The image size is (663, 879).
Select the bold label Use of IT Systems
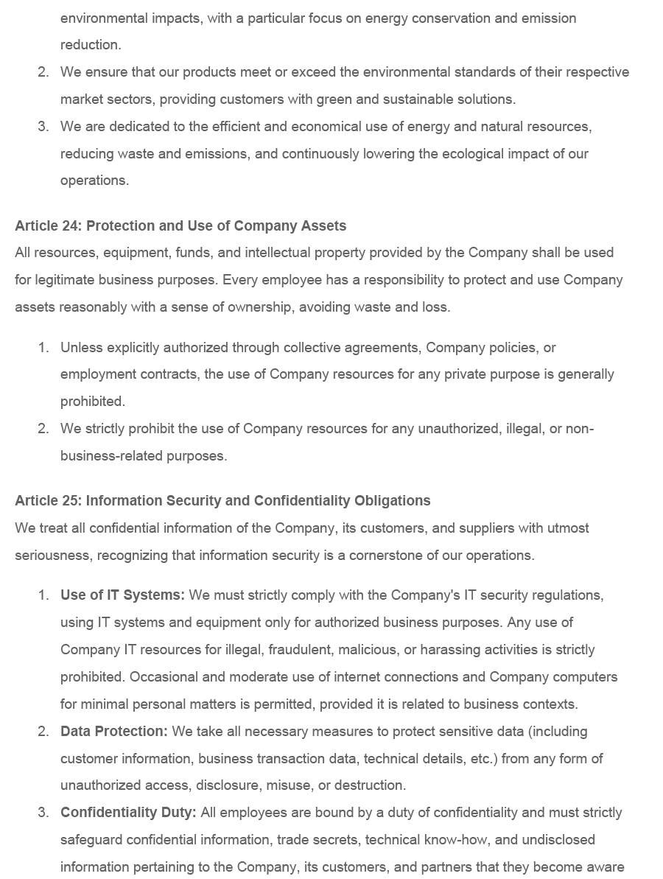122,595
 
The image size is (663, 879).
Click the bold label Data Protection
114,732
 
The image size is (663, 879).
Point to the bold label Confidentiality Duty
128,813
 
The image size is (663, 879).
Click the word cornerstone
387,556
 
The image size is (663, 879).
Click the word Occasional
164,677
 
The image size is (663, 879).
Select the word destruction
370,785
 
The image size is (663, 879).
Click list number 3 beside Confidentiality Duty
43,813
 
